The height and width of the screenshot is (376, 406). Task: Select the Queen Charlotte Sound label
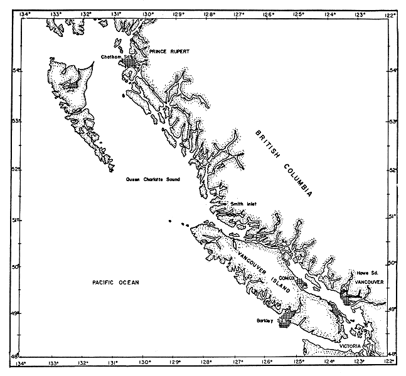coord(152,179)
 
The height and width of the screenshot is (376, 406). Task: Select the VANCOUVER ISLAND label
coord(262,273)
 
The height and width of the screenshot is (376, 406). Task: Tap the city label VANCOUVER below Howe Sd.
coord(368,283)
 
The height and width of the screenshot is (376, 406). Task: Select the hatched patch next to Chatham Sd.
coord(136,62)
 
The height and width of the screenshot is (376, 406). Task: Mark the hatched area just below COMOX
coord(302,284)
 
